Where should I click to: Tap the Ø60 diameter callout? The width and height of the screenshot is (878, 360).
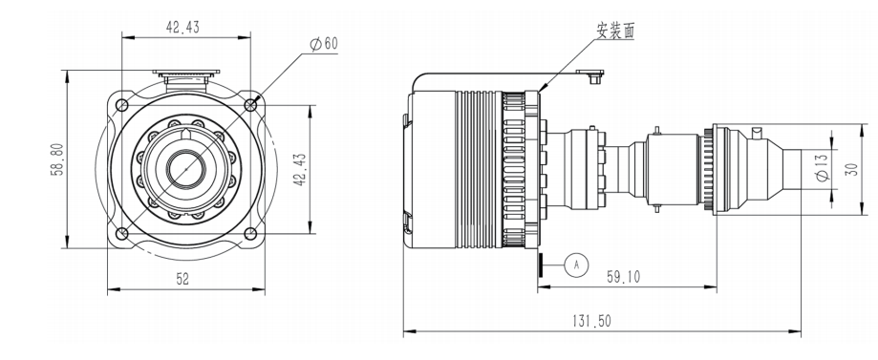pyautogui.click(x=323, y=44)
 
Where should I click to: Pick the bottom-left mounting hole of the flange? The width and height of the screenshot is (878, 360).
pyautogui.click(x=121, y=233)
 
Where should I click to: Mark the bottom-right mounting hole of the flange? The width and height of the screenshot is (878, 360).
pyautogui.click(x=250, y=233)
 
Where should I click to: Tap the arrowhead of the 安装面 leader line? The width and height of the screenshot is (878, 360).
pyautogui.click(x=543, y=91)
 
